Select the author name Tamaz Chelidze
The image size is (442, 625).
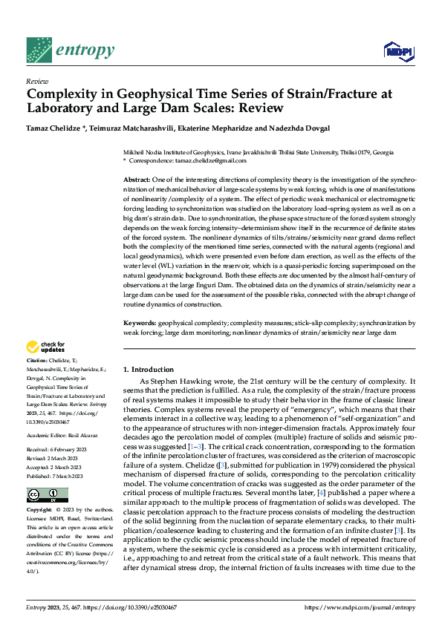(54, 128)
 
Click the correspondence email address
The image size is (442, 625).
(209, 160)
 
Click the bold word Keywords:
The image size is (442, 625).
(139, 324)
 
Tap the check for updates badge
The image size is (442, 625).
(47, 347)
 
